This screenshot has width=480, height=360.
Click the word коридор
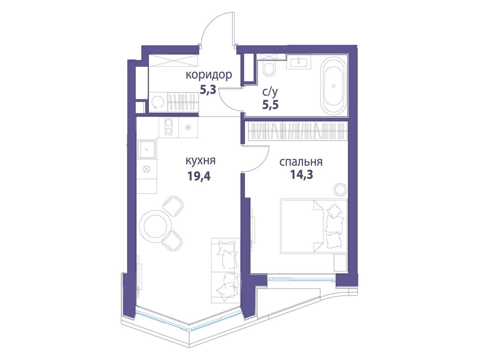coord(209,75)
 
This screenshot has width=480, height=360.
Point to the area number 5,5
coord(270,105)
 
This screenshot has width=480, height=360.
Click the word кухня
coord(200,161)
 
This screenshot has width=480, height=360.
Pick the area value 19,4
coord(199,176)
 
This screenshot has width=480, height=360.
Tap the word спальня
coord(301,162)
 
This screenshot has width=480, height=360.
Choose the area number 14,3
coord(301,175)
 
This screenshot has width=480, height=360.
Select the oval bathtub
coord(333,86)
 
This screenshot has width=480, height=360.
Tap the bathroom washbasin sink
coord(299,61)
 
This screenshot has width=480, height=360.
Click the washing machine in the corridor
coord(157,102)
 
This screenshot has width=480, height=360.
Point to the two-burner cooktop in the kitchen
coord(168,128)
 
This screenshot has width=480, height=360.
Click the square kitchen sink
coord(146,150)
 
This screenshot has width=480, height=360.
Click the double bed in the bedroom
coord(313,226)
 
